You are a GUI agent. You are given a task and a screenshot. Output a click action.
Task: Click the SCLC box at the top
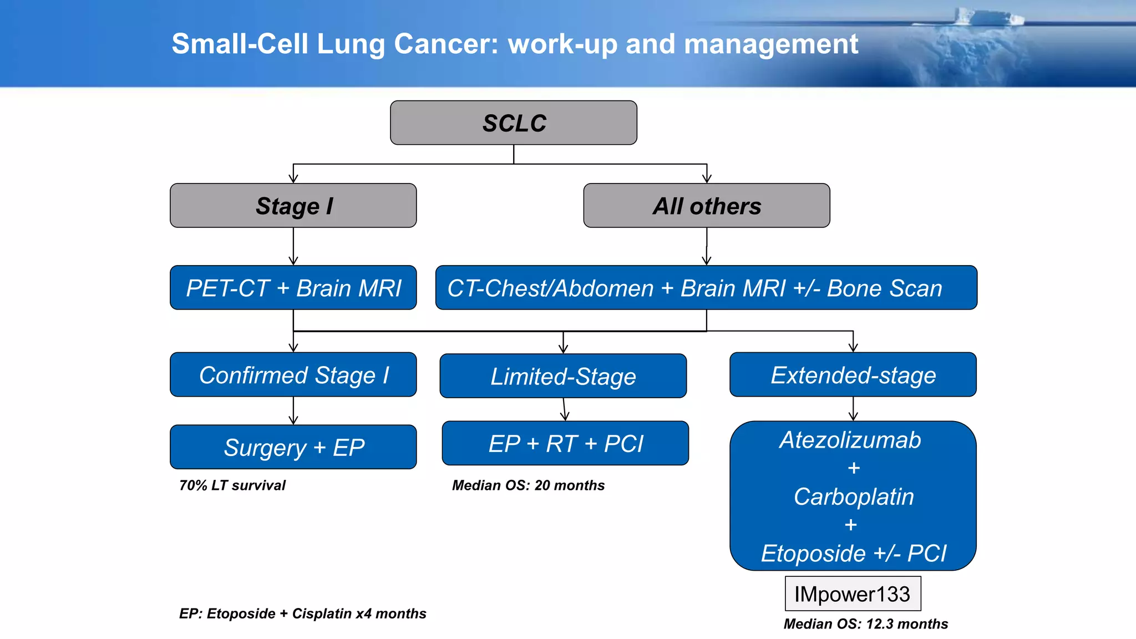coord(514,123)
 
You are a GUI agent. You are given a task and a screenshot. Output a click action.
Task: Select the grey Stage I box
coord(293,206)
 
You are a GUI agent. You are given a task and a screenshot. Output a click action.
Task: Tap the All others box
coord(707,206)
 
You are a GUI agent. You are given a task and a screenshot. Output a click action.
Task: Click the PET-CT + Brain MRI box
coord(293,288)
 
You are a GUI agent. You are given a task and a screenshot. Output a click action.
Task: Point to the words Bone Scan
coord(884,288)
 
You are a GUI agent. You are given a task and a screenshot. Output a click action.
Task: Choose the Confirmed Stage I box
coord(293,375)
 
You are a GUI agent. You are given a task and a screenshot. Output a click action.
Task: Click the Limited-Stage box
coord(563,376)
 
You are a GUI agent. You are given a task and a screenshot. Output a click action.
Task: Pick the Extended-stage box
coord(853,375)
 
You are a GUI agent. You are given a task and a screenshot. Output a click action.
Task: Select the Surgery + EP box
coord(293,447)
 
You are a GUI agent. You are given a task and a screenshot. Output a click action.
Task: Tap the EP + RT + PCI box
coord(565,443)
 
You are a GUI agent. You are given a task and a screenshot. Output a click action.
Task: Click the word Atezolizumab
coord(850,440)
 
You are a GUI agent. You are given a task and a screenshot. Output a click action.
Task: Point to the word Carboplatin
coord(853,496)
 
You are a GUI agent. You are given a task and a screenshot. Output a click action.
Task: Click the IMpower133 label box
coord(853,594)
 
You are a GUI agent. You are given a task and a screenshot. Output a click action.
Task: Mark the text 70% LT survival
coord(232,485)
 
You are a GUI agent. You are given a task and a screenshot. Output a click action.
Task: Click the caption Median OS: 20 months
coord(528,485)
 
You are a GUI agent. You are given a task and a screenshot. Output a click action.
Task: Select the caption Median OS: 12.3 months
coord(865,624)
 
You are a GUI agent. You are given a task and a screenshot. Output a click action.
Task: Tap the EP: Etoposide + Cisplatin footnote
coord(302,613)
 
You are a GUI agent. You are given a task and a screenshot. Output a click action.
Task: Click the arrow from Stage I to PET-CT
coord(293,246)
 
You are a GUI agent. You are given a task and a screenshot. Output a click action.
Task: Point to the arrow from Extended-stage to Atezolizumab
coord(853,409)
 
